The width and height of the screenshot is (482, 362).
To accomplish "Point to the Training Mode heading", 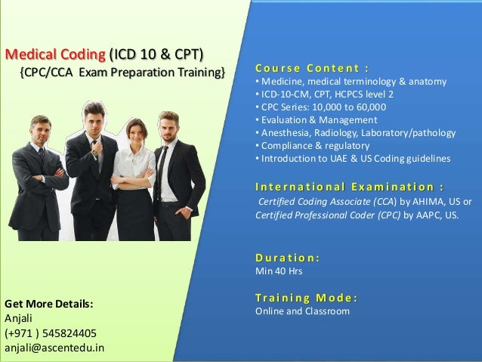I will tap(307, 297).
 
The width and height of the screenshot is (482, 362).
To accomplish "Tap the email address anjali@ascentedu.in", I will tap(54, 347).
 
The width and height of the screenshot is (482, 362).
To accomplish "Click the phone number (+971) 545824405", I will tap(50, 333).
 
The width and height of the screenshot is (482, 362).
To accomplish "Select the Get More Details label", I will tap(49, 304).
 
